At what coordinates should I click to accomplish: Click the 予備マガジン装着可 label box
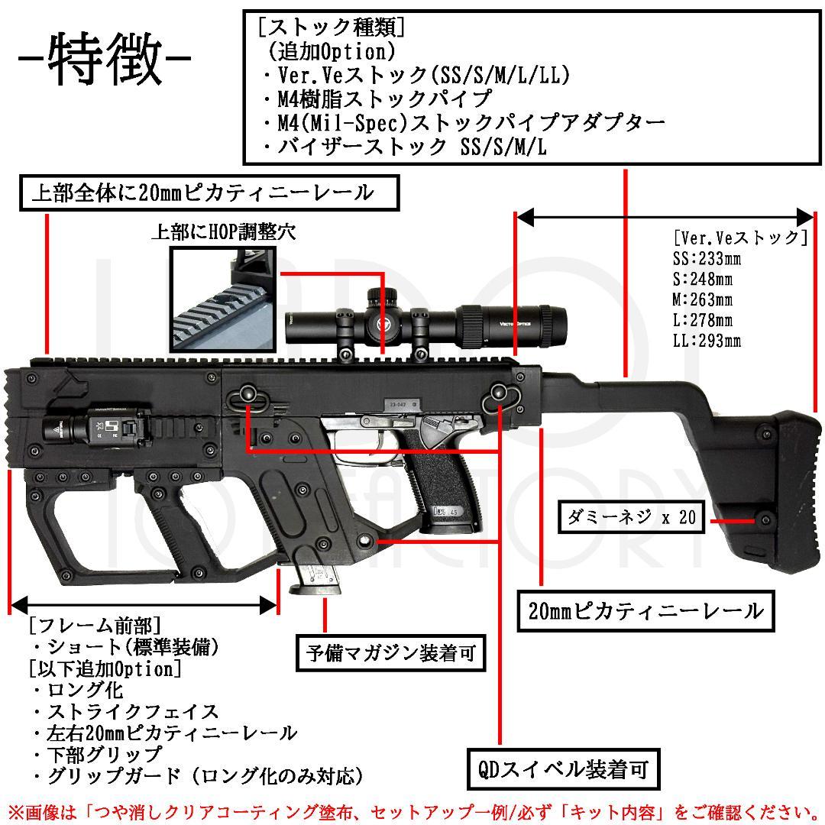pyautogui.click(x=391, y=652)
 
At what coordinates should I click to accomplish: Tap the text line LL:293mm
pyautogui.click(x=706, y=341)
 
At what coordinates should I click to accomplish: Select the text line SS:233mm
pyautogui.click(x=706, y=258)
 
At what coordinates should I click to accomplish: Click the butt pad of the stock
pyautogui.click(x=794, y=489)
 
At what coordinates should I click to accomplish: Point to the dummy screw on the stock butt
pyautogui.click(x=762, y=519)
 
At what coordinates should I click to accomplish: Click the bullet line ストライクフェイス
pyautogui.click(x=126, y=712)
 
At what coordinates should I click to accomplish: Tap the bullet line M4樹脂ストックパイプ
pyautogui.click(x=374, y=99)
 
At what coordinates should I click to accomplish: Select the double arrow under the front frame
pyautogui.click(x=143, y=606)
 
